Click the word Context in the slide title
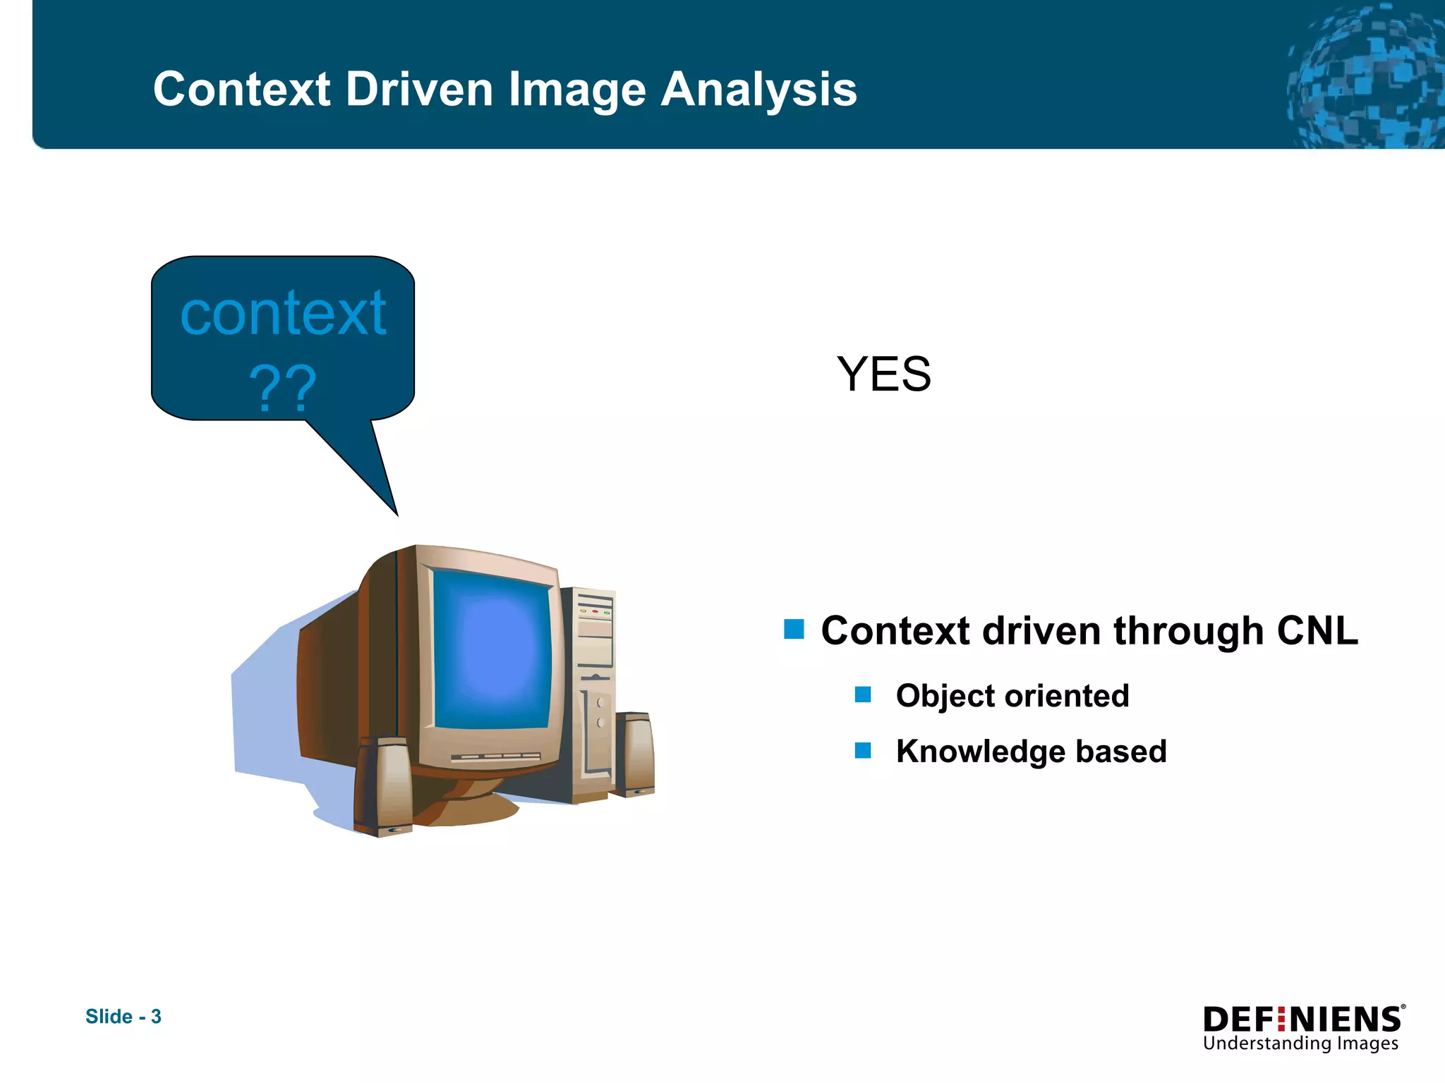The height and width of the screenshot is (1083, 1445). [241, 90]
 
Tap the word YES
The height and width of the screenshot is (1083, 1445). [883, 374]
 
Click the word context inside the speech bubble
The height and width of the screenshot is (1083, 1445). [283, 313]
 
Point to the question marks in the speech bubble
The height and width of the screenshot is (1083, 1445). [282, 388]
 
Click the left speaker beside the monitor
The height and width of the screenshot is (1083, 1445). [383, 786]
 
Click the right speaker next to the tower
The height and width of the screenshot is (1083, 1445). [634, 754]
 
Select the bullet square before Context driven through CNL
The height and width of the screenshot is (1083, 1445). [794, 629]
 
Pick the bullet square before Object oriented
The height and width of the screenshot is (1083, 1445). [862, 695]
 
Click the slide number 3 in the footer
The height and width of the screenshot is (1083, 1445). [156, 1017]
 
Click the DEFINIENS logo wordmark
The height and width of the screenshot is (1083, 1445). [1302, 1020]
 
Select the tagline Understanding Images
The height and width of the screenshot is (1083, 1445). [1300, 1044]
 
